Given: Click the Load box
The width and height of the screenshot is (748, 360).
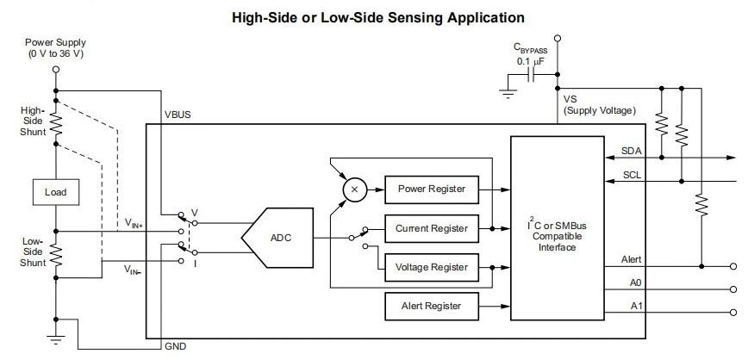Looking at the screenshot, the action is click(56, 192).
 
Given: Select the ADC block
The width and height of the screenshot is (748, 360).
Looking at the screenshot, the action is click(277, 238).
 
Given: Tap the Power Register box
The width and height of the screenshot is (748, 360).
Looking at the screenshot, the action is click(431, 189).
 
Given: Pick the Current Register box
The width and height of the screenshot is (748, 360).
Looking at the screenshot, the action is click(431, 228).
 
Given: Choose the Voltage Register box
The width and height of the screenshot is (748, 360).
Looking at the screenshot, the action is click(431, 267).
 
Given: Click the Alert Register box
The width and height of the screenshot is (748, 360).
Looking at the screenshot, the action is click(431, 306).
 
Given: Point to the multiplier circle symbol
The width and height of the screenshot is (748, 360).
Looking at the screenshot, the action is click(354, 189).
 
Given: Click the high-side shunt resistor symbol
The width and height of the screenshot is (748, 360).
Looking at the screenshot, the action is click(56, 124).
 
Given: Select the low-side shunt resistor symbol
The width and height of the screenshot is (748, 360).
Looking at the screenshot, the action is click(56, 254).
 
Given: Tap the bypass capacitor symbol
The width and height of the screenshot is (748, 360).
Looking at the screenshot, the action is click(531, 74).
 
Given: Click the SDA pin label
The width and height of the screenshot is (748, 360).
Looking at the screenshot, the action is click(631, 152).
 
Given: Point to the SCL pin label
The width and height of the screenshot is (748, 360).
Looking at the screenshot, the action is click(632, 175).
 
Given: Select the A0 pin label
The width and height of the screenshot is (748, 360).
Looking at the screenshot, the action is click(636, 282).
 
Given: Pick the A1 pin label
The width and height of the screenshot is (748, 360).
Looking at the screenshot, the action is click(636, 306).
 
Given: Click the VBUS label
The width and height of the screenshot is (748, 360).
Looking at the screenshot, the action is click(178, 115).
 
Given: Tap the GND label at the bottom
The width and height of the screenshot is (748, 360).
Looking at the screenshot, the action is click(175, 346).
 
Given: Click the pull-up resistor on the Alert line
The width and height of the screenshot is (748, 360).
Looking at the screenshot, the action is click(701, 205).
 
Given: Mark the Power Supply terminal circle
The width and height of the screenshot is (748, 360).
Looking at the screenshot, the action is click(56, 69).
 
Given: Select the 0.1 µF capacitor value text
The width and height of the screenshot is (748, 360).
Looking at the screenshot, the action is click(530, 61).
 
